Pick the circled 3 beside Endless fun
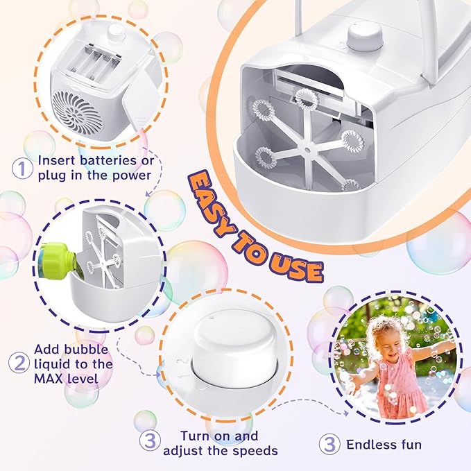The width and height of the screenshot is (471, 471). [x=329, y=443]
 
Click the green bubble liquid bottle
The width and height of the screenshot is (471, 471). [x=58, y=259]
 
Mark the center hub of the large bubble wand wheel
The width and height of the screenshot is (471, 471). [x=305, y=145]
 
